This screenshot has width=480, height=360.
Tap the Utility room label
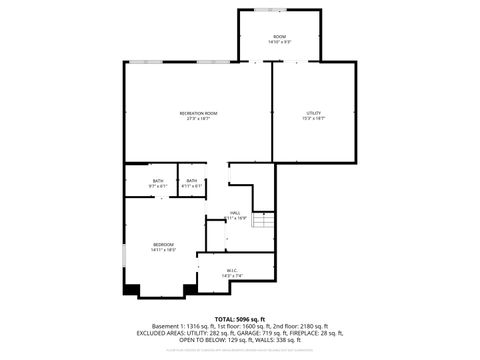point(314,114)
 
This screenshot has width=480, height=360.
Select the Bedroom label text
point(163,244)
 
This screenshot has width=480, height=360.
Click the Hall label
point(235,212)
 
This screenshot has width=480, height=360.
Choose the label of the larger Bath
point(158,181)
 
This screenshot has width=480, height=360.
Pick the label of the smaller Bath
point(191,181)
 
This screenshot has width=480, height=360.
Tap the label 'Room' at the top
point(280,37)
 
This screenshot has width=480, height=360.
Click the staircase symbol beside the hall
point(263,220)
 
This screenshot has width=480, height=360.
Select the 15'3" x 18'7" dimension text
point(314,119)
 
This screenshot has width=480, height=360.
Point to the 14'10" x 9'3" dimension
point(280,42)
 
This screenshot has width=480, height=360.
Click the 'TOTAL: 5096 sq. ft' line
point(240,318)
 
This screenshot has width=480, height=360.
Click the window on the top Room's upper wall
point(269,10)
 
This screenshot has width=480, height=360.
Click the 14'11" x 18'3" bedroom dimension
point(163,249)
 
